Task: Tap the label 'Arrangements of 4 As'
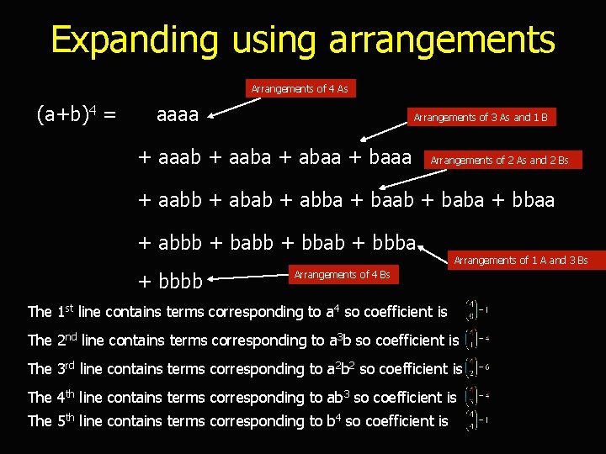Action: (299, 88)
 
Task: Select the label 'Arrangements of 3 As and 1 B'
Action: (480, 117)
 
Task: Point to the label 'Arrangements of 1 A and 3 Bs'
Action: (520, 261)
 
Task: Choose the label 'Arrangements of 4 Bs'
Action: (341, 275)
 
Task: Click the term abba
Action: (320, 200)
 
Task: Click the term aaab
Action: (178, 156)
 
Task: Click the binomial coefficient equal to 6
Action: (471, 368)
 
